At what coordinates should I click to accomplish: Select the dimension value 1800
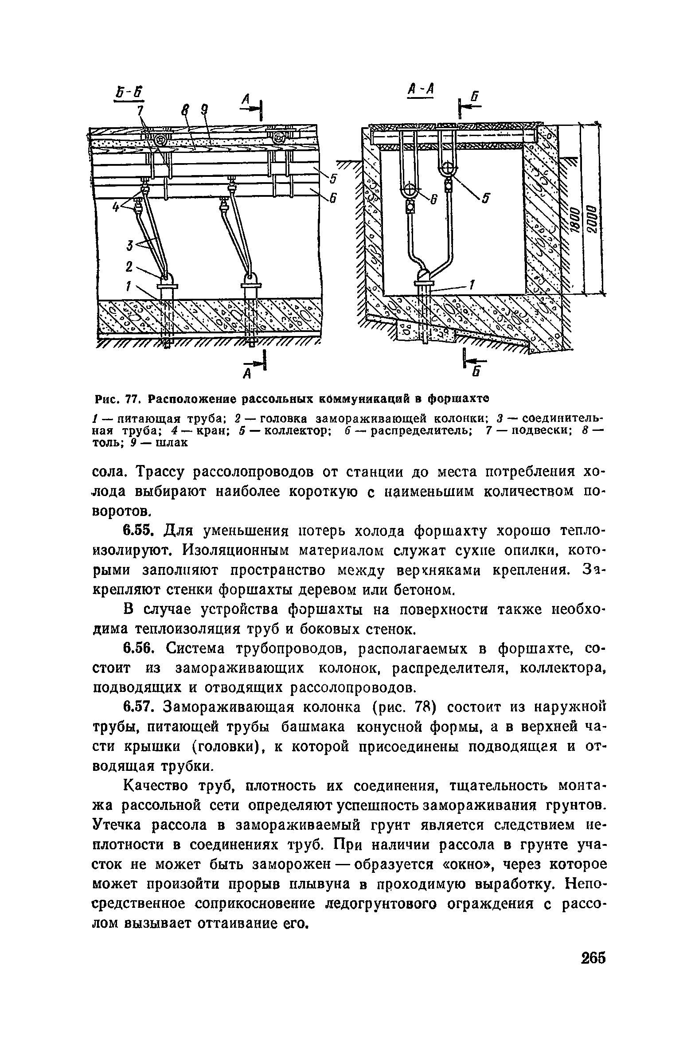click(574, 219)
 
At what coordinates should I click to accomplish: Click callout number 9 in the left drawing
click(204, 109)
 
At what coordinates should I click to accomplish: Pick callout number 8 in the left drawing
click(185, 109)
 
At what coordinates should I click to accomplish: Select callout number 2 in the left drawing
click(129, 267)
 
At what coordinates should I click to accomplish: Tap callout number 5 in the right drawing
click(485, 199)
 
